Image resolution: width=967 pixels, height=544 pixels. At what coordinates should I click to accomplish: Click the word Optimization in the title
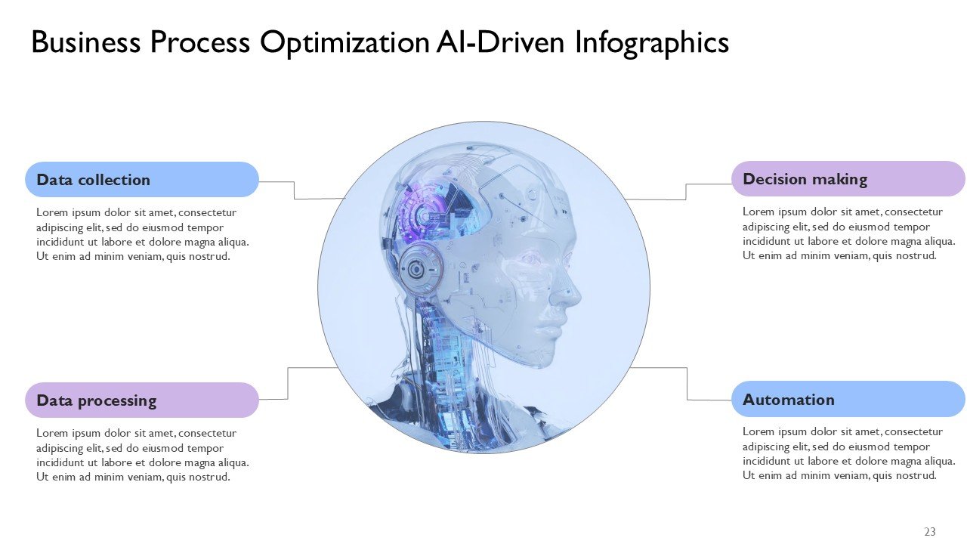[344, 43]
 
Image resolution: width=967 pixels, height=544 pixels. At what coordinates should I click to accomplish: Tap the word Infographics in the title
[652, 43]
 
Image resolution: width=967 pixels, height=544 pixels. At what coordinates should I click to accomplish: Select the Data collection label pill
[142, 180]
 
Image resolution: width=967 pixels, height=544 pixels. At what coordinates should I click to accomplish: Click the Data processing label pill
[142, 400]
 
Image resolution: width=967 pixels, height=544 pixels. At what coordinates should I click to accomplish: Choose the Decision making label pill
[848, 179]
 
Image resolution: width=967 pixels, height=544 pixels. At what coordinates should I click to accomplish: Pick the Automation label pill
[848, 399]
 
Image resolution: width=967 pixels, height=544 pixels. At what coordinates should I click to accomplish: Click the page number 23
[930, 531]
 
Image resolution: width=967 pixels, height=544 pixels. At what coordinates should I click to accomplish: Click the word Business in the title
[86, 43]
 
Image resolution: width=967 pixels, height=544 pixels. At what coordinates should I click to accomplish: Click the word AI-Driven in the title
[500, 43]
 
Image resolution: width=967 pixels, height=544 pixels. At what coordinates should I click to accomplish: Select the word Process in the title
[200, 43]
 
